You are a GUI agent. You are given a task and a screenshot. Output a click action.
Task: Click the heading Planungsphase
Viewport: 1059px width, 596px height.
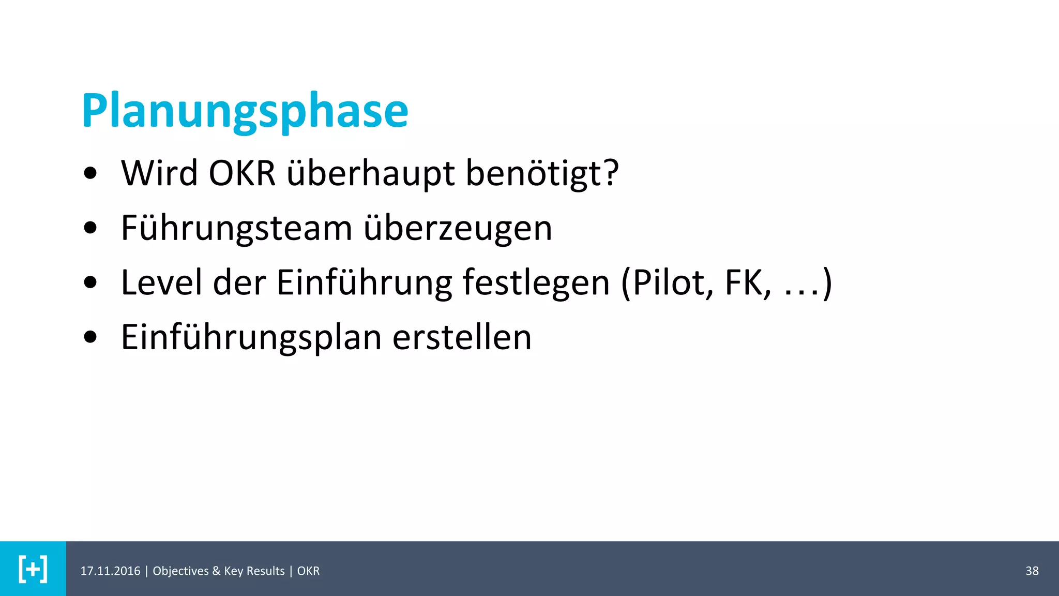point(245,111)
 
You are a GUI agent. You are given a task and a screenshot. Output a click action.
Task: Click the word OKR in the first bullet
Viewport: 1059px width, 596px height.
point(242,173)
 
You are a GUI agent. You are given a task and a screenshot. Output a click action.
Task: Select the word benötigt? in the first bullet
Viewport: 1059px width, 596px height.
point(542,174)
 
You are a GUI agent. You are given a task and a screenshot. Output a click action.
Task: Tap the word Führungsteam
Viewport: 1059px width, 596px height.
point(236,228)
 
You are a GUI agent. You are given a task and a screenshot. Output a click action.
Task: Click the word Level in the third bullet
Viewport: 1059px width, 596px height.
point(161,282)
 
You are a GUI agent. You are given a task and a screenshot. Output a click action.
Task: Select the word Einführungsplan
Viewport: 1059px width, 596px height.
point(251,338)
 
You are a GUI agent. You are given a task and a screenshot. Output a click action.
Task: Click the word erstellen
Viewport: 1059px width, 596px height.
point(462,337)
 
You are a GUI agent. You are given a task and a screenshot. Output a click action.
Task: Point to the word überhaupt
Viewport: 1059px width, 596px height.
point(371,174)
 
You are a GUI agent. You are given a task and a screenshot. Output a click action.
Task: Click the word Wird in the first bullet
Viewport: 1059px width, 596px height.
point(159,173)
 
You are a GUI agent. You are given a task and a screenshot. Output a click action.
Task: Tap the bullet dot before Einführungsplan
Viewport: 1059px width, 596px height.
point(90,337)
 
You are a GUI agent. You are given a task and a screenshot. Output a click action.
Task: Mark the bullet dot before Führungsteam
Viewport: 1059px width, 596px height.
point(90,228)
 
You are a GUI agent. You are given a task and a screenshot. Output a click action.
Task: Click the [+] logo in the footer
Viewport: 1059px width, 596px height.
point(33,569)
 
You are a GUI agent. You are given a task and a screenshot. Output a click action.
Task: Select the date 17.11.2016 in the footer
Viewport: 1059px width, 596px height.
point(110,571)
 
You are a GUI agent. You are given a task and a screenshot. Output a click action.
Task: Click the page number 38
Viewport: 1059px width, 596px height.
point(1032,571)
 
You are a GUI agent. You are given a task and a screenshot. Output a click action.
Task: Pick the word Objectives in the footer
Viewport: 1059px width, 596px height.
point(180,571)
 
